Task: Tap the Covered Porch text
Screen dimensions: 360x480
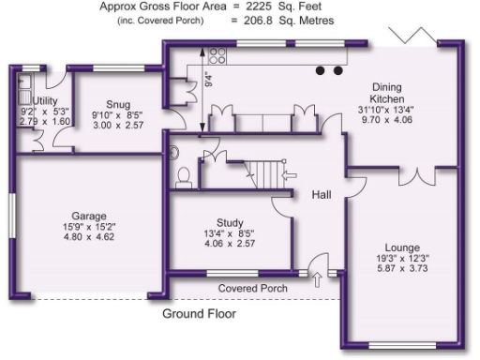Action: click(x=253, y=288)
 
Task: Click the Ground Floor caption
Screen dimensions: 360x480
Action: click(x=199, y=313)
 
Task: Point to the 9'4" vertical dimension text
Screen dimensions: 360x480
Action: click(x=208, y=79)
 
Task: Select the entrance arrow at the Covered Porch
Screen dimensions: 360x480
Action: click(x=315, y=278)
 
